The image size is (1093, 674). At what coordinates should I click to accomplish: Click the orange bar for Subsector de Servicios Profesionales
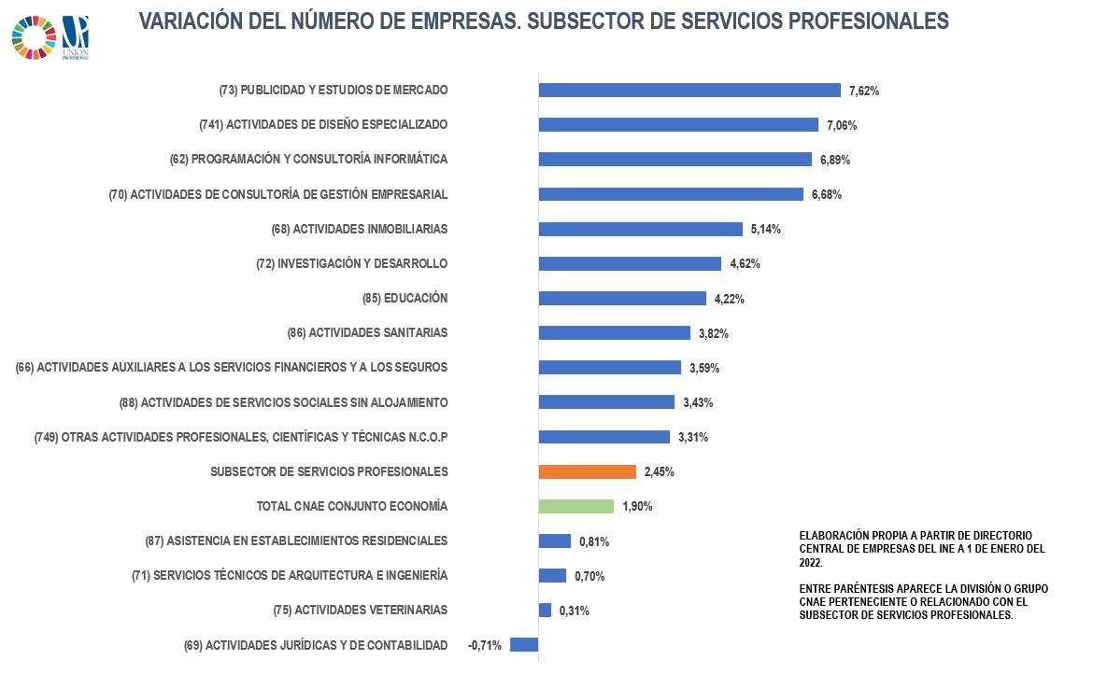[x=587, y=471]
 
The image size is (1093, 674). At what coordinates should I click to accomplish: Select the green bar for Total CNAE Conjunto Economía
[x=575, y=506]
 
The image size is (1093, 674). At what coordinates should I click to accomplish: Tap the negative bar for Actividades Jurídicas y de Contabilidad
[x=524, y=645]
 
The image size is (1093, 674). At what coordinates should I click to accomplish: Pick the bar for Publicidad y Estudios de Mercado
[x=689, y=91]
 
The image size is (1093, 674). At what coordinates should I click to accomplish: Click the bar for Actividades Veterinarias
[x=545, y=611]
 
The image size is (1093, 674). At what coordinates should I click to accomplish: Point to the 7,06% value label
[x=841, y=126]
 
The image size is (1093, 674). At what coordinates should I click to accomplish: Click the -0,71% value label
[x=485, y=646]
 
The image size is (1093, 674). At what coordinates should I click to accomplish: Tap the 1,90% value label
[x=637, y=507]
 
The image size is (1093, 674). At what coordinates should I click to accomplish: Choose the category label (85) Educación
[x=405, y=299]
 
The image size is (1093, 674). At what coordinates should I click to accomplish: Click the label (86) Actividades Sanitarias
[x=368, y=333]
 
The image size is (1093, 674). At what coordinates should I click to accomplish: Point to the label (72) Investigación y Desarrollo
[x=351, y=264]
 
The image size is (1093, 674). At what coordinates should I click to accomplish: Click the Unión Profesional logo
[x=75, y=36]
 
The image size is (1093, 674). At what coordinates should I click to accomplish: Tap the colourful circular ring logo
[x=34, y=37]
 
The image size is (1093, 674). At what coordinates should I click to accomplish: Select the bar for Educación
[x=622, y=299]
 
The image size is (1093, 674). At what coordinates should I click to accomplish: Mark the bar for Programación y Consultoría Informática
[x=674, y=160]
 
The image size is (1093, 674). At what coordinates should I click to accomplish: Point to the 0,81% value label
[x=594, y=541]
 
